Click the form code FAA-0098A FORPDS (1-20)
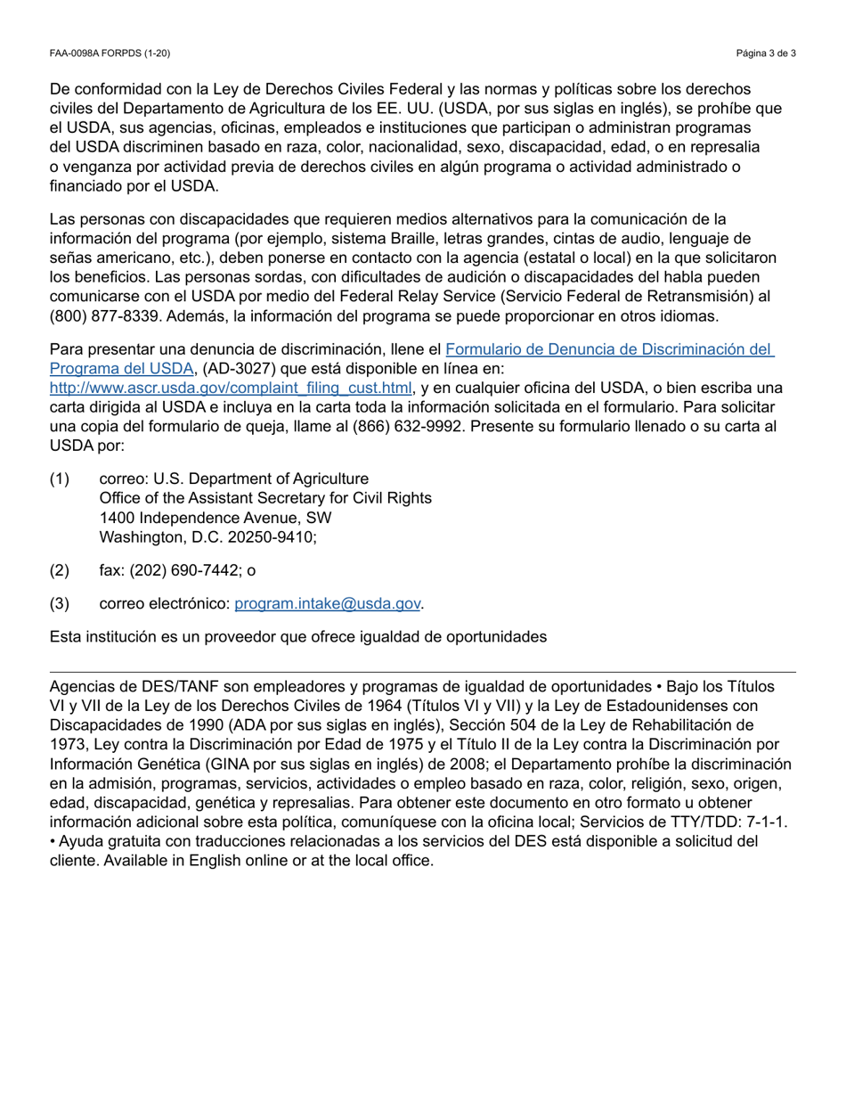coord(110,53)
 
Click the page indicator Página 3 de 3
coord(766,53)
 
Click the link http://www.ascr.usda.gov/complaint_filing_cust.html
coord(231,388)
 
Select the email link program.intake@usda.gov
coord(327,604)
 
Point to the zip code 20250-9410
coord(269,537)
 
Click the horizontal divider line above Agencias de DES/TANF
coord(423,673)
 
